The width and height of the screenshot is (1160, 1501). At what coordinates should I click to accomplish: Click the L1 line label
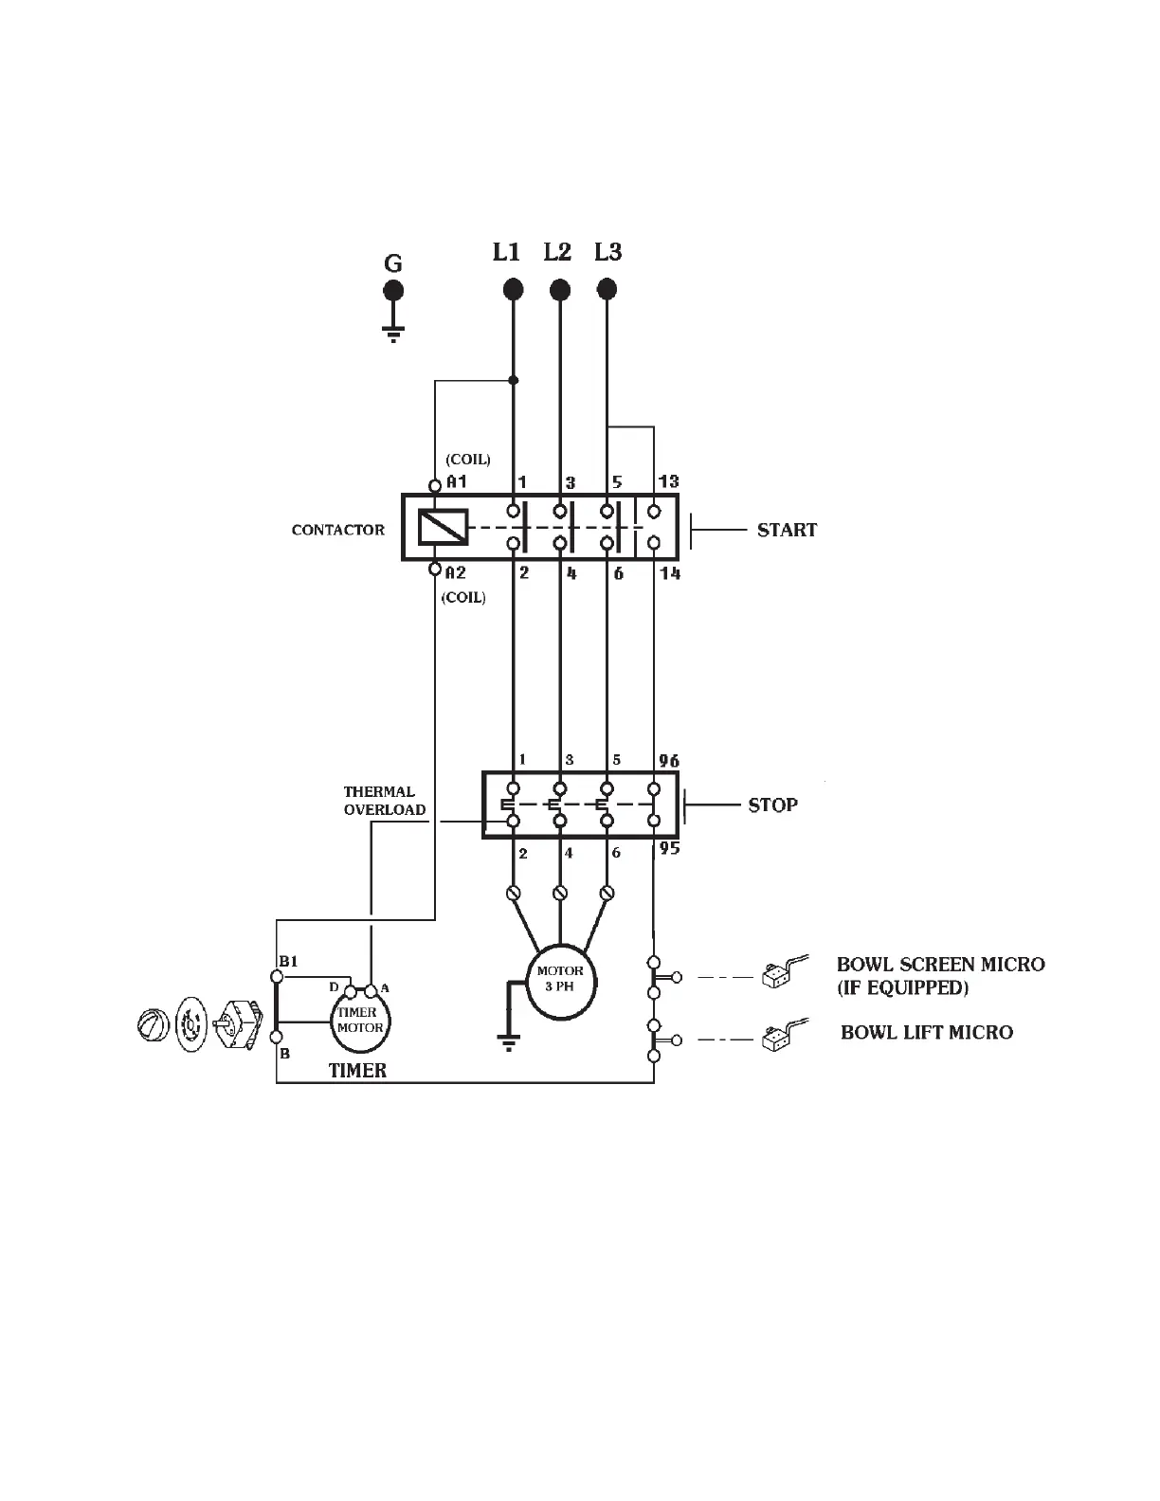tap(506, 252)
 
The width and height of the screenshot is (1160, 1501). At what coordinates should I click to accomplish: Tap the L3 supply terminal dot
tap(607, 288)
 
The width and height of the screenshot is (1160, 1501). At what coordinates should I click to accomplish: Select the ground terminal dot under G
tap(393, 290)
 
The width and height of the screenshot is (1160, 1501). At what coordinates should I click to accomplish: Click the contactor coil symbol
tap(444, 528)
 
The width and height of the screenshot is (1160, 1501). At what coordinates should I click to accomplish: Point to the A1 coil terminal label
tap(457, 481)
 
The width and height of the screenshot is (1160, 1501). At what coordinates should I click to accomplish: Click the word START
tap(787, 530)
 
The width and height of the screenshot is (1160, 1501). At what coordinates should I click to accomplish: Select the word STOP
tap(772, 805)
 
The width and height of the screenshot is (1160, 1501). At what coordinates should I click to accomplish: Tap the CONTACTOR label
tap(338, 530)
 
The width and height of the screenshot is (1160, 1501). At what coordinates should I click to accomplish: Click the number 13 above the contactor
tap(668, 481)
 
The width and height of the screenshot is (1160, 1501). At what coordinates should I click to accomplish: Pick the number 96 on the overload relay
tap(669, 761)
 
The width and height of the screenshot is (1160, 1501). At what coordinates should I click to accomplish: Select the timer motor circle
tap(360, 1021)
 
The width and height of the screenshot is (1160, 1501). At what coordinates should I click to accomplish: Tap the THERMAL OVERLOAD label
tap(384, 801)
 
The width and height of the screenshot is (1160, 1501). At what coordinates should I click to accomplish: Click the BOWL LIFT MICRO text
tap(926, 1032)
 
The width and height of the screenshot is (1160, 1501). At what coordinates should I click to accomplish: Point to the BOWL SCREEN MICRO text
tap(940, 965)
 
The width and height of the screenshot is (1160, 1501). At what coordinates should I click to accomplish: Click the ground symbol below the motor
tap(510, 1043)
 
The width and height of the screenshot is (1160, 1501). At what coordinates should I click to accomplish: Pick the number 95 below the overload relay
tap(669, 848)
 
